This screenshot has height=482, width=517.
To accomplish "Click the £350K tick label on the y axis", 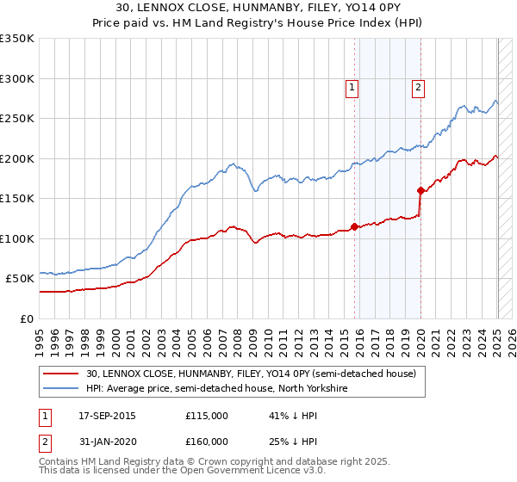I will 17,39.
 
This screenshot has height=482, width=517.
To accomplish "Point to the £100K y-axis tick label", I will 17,238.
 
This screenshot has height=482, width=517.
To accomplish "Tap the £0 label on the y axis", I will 25,318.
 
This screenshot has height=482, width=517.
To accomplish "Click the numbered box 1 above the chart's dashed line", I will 353,86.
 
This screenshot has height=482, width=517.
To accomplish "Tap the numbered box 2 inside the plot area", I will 418,86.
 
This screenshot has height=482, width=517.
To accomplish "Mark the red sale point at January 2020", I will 420,190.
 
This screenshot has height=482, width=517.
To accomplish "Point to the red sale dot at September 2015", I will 354,226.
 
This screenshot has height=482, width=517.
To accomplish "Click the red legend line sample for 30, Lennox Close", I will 62,374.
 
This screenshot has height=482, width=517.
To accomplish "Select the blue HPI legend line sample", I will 62,388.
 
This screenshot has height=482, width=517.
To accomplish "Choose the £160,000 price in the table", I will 207,442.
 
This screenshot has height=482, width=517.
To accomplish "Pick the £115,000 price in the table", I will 207,416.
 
